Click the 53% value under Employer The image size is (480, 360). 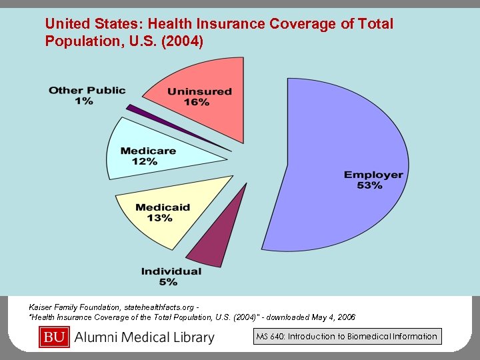(x=369, y=185)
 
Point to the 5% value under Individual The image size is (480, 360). (x=168, y=282)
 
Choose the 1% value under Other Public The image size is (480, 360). (x=84, y=101)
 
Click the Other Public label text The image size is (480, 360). (x=87, y=90)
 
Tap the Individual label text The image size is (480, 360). (x=171, y=271)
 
